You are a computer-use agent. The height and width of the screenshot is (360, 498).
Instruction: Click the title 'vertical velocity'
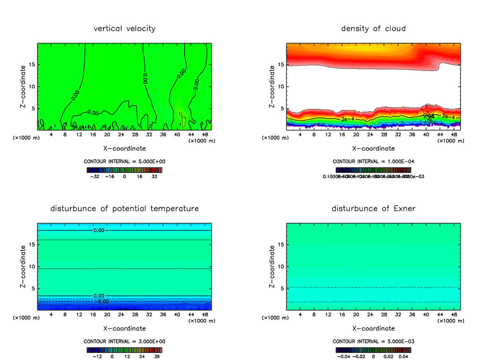124,29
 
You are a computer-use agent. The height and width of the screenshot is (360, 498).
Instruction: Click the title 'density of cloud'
373,29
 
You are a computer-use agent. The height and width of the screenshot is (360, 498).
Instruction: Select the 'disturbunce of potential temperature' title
124,209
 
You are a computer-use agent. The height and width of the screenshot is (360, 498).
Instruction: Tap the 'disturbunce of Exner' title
373,209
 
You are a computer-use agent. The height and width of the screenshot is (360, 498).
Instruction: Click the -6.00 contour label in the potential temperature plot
103,302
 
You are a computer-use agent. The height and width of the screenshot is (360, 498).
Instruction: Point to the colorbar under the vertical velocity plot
124,170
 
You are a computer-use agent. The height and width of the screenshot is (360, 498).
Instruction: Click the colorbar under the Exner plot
373,350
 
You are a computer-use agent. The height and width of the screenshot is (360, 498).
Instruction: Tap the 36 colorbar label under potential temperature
157,356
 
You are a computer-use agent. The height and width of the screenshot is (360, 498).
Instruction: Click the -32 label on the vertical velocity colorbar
96,176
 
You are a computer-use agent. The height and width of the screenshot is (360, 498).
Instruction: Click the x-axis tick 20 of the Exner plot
356,315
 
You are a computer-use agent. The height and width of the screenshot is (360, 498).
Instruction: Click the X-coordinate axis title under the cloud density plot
373,148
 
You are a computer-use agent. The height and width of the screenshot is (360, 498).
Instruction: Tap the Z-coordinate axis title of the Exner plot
272,266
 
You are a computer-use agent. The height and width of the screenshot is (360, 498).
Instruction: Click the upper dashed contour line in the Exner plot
373,287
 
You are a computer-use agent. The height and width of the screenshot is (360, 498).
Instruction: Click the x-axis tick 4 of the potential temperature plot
51,315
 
